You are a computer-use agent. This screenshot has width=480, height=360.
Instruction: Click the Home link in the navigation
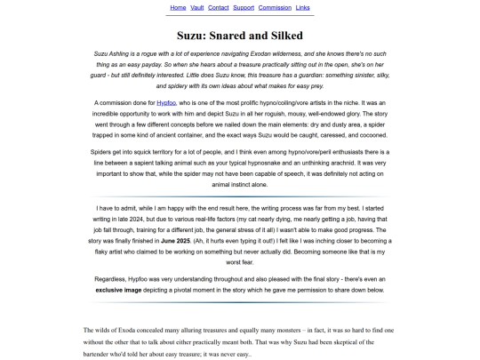click(178, 7)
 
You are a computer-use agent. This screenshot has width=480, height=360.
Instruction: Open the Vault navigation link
click(197, 7)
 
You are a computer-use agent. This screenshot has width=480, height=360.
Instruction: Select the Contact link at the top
click(218, 7)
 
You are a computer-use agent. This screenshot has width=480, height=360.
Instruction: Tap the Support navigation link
click(244, 7)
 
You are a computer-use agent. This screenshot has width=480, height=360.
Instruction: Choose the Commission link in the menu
click(275, 7)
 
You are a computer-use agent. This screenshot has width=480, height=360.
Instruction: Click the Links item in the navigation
click(303, 7)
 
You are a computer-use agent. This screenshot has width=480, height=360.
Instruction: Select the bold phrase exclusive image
click(121, 290)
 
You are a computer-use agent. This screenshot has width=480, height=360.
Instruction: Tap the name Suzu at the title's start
click(192, 36)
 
